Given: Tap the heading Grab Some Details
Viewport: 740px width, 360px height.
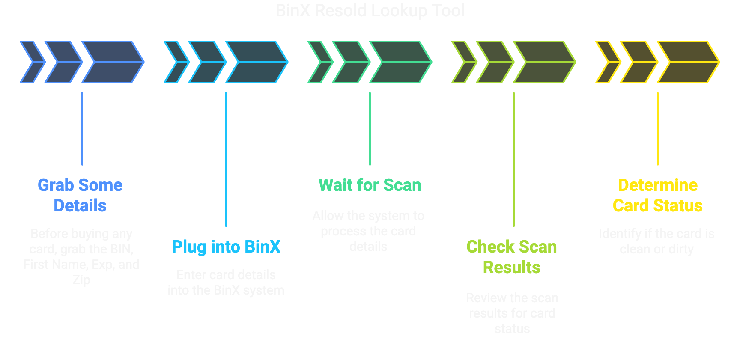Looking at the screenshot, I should click(80, 195).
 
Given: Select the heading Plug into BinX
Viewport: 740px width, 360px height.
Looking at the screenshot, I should click(226, 247).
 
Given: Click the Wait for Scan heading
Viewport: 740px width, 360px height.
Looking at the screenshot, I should click(370, 185).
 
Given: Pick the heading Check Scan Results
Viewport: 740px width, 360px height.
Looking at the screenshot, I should click(512, 257).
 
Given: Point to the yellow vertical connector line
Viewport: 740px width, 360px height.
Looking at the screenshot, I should click(658, 128).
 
